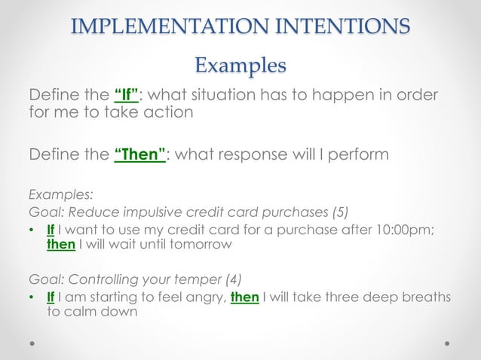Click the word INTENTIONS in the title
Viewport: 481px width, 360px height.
[x=342, y=26]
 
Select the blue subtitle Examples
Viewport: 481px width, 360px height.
[x=240, y=66]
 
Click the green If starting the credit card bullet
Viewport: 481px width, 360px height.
[x=51, y=228]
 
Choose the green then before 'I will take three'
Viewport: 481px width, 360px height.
[x=245, y=298]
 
